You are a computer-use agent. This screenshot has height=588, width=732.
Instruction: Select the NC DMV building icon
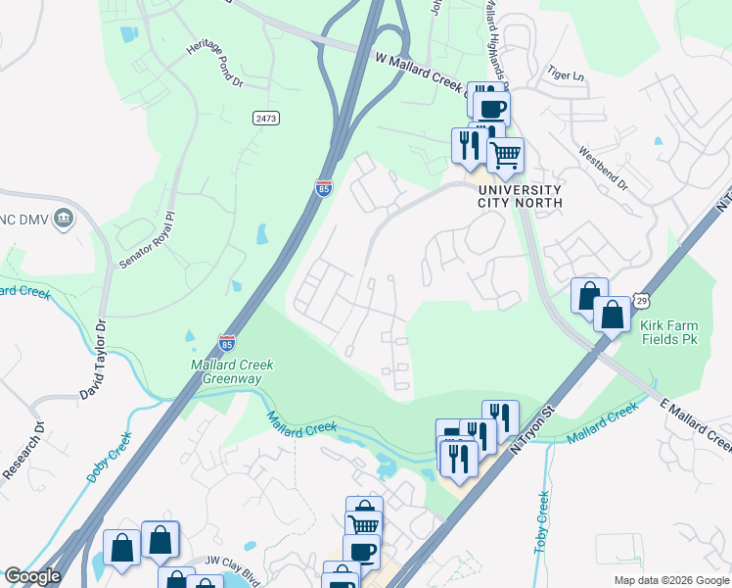coord(65,217)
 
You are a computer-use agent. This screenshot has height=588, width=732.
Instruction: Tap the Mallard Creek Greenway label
coord(232,371)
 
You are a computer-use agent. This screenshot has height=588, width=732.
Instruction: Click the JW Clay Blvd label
coord(232,560)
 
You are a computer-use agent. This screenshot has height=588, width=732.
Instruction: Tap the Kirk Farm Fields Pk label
coord(671,332)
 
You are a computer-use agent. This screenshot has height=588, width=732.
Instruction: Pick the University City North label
coord(519,196)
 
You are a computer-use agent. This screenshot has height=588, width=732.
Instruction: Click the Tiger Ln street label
coord(566,73)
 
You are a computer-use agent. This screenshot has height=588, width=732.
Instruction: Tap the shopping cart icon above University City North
coord(505,153)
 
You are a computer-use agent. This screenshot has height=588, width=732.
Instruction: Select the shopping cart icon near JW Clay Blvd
coord(364,524)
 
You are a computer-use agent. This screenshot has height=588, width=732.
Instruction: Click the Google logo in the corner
coord(32,576)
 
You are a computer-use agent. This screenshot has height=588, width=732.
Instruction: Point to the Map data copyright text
coord(670,580)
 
